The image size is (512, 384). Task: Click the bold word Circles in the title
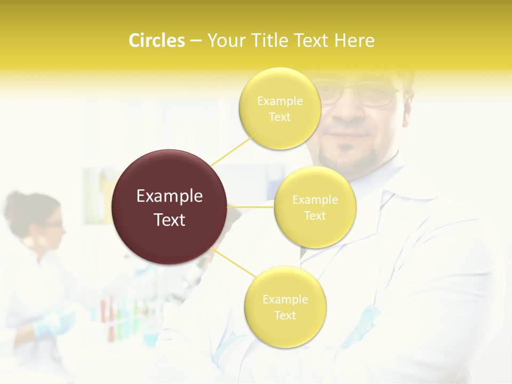[157, 41]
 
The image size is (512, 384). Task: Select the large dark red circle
[170, 207]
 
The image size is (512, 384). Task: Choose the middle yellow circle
[315, 207]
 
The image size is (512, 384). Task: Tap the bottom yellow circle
[285, 307]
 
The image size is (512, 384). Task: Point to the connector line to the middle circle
[251, 207]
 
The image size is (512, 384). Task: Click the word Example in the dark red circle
[170, 196]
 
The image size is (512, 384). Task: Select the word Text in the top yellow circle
[280, 117]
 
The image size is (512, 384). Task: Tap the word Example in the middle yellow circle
[315, 200]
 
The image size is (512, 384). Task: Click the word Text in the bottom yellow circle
[285, 316]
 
